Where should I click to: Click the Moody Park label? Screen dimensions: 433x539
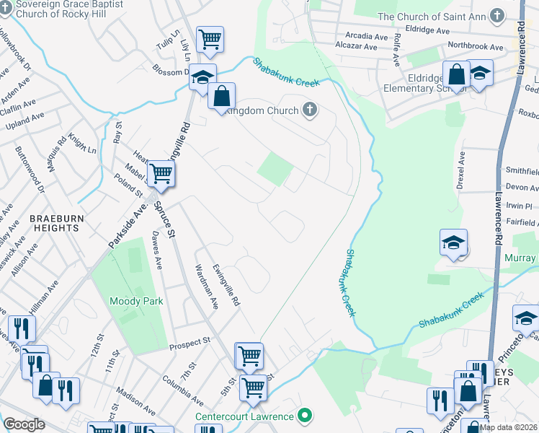[x=136, y=301]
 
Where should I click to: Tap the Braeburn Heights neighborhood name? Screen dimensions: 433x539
[x=54, y=222]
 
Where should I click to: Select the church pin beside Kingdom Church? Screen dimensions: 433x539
[x=310, y=110]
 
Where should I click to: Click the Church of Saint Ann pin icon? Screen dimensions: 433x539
[x=497, y=15]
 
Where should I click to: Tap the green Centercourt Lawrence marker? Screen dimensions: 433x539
[x=305, y=416]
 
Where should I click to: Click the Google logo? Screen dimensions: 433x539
[x=24, y=424]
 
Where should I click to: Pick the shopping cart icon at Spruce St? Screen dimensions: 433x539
[x=161, y=173]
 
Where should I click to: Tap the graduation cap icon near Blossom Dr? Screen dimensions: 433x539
[x=202, y=76]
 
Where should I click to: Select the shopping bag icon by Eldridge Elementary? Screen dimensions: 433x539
[x=457, y=73]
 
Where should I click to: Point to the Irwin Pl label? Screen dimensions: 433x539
[x=518, y=206]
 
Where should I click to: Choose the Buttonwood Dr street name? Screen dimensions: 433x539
[x=30, y=170]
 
